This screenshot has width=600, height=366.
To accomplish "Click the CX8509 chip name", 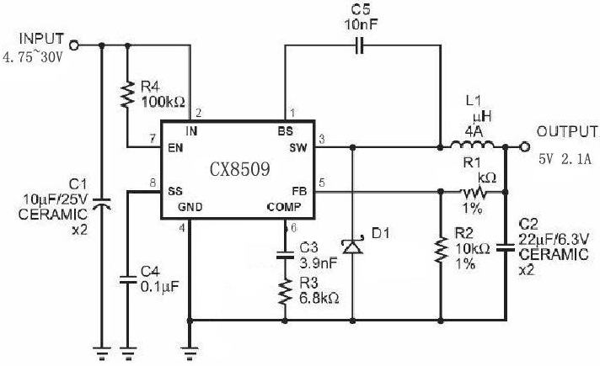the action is click(240, 169).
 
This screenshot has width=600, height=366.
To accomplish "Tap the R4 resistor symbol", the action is click(127, 94).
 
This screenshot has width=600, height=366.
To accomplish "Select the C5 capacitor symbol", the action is click(359, 45).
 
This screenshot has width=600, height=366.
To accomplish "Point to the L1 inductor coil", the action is click(472, 145).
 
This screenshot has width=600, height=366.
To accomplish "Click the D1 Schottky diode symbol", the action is click(352, 246).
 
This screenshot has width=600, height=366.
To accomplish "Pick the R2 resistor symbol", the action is click(441, 249).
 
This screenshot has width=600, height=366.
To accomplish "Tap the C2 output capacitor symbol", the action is click(506, 247).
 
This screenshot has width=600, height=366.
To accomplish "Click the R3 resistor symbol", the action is click(285, 292).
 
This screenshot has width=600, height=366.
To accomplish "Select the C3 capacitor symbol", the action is click(285, 255).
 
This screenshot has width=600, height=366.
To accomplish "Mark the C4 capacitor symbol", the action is click(127, 279).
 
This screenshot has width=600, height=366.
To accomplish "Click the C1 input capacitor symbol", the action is click(102, 204).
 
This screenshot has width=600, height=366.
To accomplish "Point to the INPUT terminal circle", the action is click(74, 45).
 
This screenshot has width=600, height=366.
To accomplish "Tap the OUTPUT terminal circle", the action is click(525, 146).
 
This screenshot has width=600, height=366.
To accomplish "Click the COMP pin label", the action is click(284, 207).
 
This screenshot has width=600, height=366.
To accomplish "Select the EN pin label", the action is click(175, 148).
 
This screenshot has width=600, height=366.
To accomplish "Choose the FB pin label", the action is click(299, 191).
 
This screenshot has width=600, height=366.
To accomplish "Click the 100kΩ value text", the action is click(163, 102).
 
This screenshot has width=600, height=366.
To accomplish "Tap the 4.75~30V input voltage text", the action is click(33, 57).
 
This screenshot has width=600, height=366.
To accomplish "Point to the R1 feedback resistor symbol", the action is click(474, 192).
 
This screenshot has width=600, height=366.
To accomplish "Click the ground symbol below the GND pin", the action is click(190, 353).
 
